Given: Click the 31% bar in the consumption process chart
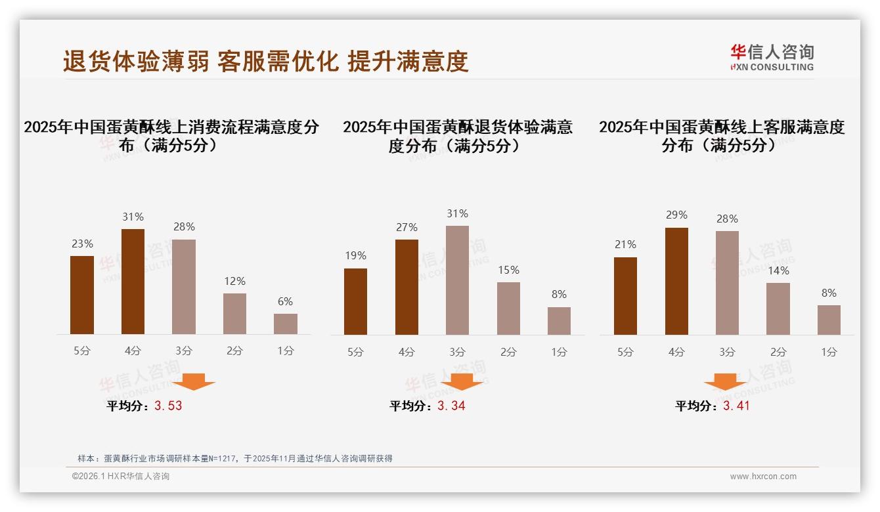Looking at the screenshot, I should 133,282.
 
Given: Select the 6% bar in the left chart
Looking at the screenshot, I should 286,324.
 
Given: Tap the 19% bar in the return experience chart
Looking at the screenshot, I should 355,301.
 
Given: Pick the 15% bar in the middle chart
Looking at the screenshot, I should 508,309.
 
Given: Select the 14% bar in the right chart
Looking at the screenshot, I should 778,309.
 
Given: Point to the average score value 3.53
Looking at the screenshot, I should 168,406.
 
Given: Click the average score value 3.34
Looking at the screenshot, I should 451,406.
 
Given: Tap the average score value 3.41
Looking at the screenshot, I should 736,406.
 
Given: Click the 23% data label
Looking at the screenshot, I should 82,244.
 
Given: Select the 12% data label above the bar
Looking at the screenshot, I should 234,281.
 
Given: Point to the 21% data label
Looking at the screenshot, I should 625,244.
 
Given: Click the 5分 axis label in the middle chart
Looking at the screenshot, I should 355,352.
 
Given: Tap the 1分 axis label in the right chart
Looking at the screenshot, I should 829,352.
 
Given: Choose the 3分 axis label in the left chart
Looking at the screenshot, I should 184,351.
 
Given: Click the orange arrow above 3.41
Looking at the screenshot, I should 725,383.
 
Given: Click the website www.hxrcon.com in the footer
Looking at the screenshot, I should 763,477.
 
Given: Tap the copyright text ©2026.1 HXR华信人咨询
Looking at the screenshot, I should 121,477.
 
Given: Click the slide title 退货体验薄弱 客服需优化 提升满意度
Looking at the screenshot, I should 265,61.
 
